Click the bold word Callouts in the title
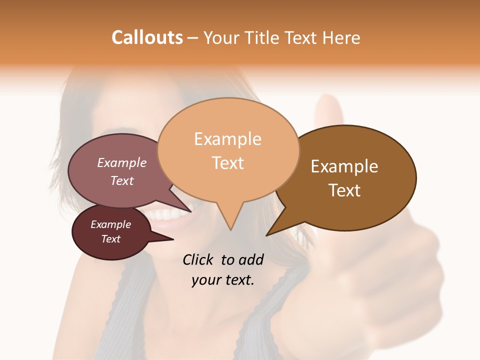[147, 37]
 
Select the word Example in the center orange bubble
[227, 139]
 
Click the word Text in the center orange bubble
[227, 163]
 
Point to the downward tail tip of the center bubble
[230, 229]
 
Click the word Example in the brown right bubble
[344, 166]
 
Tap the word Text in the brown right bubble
[344, 190]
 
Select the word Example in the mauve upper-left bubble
[121, 162]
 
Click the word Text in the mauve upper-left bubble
[121, 180]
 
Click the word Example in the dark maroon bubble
[110, 224]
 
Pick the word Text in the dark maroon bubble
[110, 239]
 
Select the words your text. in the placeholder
[222, 280]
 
